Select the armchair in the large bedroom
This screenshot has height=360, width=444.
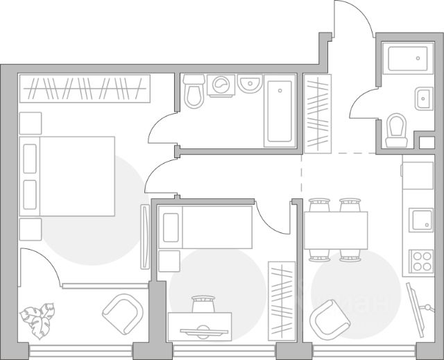pos(125,315)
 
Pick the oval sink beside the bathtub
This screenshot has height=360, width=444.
pos(250,85)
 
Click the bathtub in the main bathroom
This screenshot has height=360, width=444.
pos(280,111)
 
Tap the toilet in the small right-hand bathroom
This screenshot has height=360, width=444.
pos(397,129)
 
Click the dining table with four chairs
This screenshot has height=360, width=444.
pos(336,230)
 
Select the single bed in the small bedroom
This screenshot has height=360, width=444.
pos(205,227)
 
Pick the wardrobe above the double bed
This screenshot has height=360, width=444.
pos(85,87)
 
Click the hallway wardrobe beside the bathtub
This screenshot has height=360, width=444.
pos(317,113)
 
